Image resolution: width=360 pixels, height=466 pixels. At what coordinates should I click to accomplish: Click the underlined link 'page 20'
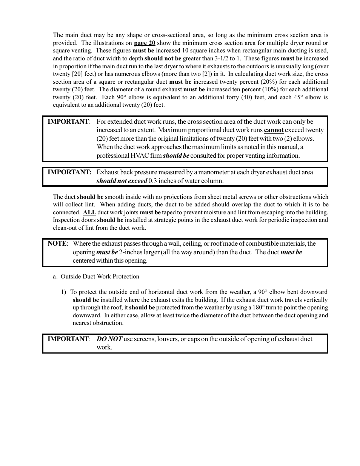145,43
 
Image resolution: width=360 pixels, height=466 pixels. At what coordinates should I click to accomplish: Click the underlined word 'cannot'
274,130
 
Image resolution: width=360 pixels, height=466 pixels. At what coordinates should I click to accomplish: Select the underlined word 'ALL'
89,212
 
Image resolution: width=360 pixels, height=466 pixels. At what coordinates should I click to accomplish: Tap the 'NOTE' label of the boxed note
57,244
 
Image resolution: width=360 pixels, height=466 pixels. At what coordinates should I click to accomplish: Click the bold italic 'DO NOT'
109,339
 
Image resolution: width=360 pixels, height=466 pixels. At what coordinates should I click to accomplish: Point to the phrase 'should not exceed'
122,181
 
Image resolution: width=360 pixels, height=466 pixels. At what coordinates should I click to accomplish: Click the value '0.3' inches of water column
153,181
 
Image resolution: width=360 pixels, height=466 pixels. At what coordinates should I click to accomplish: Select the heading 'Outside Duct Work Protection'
100,277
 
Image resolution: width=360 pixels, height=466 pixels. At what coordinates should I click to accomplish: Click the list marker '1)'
63,292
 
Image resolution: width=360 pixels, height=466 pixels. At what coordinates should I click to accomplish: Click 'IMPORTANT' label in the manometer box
69,172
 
